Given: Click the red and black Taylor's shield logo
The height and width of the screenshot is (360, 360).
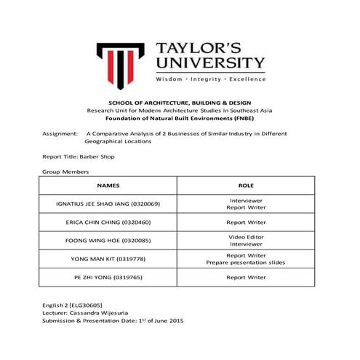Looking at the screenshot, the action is pos(121,62).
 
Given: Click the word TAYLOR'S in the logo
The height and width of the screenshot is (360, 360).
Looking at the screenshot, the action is pos(208,45).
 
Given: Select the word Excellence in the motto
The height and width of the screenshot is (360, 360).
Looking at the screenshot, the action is pos(247,78).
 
